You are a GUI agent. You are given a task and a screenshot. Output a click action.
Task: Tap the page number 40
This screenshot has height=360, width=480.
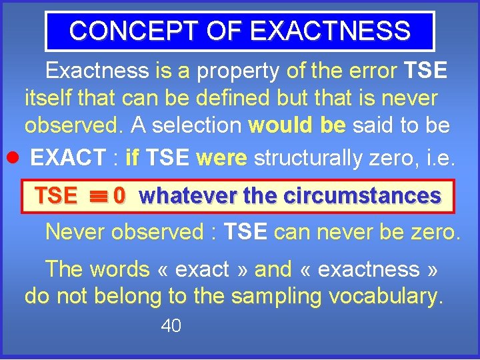click(171, 326)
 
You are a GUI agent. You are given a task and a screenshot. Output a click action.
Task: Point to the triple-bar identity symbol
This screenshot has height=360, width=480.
click(98, 196)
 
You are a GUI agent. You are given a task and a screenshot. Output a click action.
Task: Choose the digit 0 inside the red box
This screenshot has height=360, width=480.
click(119, 196)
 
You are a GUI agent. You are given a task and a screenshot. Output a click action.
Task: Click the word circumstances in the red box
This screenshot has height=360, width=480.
click(361, 196)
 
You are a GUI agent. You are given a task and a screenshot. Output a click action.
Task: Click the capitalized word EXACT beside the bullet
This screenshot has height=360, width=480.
click(68, 157)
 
